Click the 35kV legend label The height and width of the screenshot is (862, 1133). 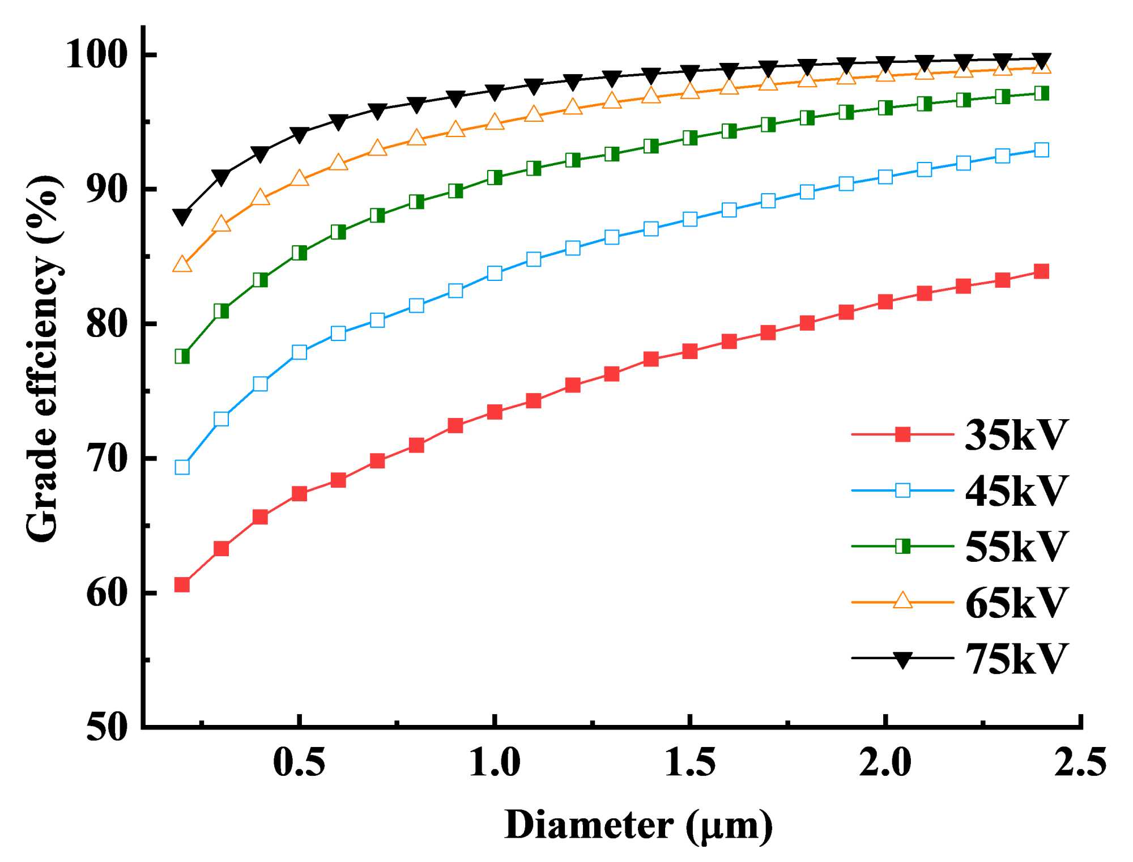click(1016, 435)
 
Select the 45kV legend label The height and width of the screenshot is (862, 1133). click(1016, 490)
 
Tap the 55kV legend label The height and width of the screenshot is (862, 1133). click(1016, 547)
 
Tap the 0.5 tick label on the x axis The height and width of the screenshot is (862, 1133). click(299, 762)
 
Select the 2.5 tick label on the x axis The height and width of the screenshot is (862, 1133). click(1080, 762)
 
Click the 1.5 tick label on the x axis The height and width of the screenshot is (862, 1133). click(689, 762)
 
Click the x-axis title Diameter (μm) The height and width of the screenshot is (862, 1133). click(638, 826)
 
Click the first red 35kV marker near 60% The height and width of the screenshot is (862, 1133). click(182, 584)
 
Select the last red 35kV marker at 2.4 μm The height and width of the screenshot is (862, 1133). click(1041, 271)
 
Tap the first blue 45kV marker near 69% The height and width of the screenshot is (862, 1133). click(182, 467)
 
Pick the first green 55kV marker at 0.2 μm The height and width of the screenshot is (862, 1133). click(182, 356)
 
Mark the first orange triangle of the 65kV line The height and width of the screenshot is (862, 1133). click(182, 264)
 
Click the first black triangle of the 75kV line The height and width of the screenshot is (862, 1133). click(182, 217)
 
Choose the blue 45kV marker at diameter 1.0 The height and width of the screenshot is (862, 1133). click(495, 274)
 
